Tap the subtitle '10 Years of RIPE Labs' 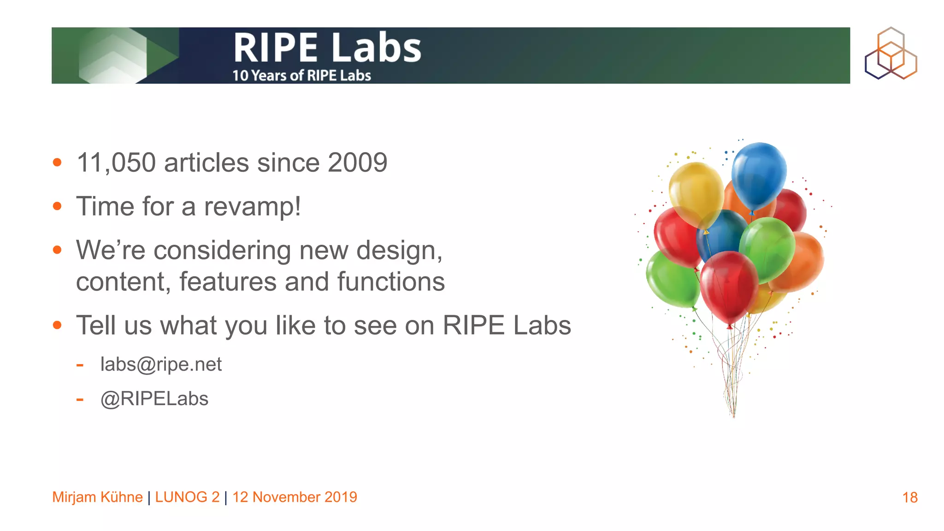coord(301,76)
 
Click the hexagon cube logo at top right coord(891,53)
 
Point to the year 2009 coord(357,163)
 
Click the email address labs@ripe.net coord(161,364)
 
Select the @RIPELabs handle coord(154,399)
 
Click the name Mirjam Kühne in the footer coord(97,497)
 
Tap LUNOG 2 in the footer coord(187,497)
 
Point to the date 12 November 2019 coord(295,497)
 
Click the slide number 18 coord(910,497)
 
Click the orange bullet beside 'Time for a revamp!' coord(57,206)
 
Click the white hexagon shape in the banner coord(113,56)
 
